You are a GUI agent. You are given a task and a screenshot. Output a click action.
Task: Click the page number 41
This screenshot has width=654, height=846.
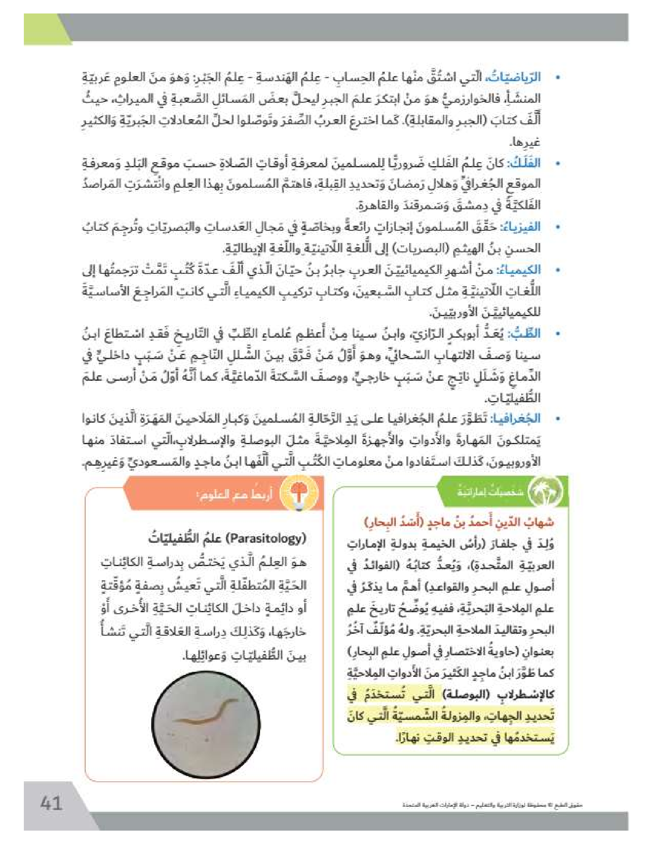tap(51, 802)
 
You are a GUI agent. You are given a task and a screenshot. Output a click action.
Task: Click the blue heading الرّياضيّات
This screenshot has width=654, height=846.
tap(520, 77)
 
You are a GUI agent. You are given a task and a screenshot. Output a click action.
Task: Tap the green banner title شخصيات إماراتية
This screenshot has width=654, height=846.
tap(490, 492)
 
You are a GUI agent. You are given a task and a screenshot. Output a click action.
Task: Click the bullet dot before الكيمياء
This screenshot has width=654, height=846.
tap(557, 270)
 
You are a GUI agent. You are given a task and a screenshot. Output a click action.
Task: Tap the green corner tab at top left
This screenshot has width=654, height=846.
tap(45, 29)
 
